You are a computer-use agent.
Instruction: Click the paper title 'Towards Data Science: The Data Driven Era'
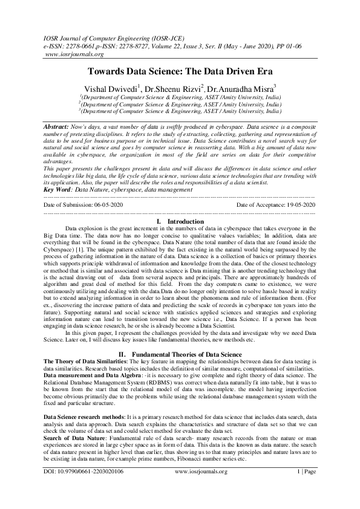(179, 71)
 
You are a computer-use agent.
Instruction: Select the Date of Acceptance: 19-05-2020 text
(276, 205)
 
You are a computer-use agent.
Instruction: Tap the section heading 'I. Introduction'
(179, 222)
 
